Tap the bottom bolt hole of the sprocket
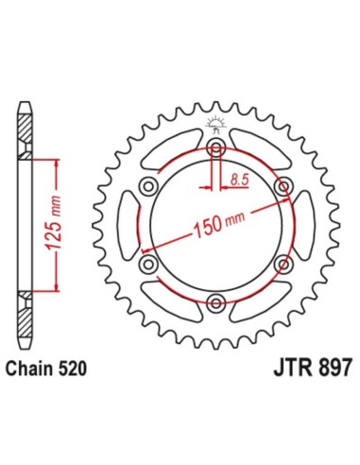217,301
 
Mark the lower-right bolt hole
283,264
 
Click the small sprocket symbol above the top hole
217,125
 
